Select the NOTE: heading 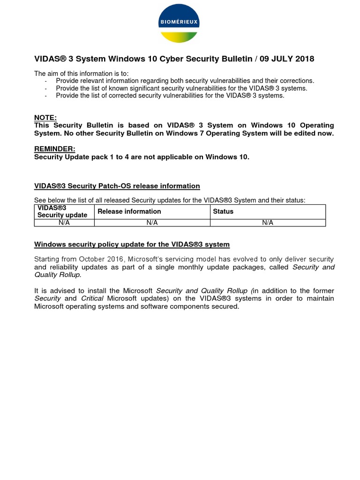click(x=45, y=118)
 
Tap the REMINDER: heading click(x=54, y=149)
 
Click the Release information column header click(x=129, y=211)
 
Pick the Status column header click(x=223, y=211)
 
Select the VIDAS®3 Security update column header click(x=62, y=211)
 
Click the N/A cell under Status click(x=268, y=223)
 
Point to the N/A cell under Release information click(x=152, y=223)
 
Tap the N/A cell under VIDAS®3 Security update click(x=64, y=223)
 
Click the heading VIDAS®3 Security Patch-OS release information click(x=117, y=186)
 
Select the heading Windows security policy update click(x=132, y=245)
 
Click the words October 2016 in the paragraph click(x=102, y=259)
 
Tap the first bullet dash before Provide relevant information click(x=46, y=81)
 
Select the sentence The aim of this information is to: click(x=81, y=74)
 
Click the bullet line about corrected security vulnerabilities click(x=170, y=96)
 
